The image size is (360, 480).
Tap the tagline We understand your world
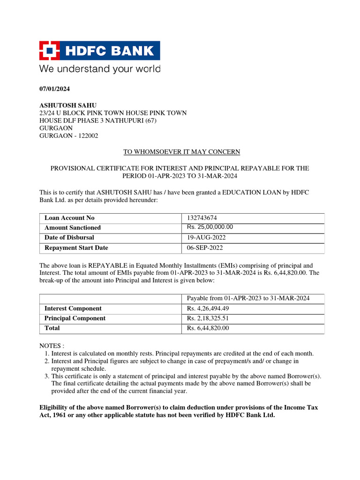(x=99, y=69)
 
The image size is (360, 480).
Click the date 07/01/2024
(x=53, y=89)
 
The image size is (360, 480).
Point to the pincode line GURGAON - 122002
(x=68, y=136)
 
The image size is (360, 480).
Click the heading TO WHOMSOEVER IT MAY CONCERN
(x=182, y=152)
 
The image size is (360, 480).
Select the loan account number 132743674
(x=202, y=218)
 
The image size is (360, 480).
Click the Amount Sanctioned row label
(x=73, y=228)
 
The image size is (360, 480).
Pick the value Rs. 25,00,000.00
(x=210, y=227)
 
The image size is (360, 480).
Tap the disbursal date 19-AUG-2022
(x=206, y=238)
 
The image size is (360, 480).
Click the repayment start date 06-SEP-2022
(x=205, y=248)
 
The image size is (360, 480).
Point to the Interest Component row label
(x=73, y=308)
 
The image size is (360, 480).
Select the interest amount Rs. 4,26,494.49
(x=208, y=309)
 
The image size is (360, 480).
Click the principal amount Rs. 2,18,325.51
(x=208, y=319)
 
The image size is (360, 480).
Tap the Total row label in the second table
(x=52, y=329)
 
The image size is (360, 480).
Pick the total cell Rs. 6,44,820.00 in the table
(x=208, y=329)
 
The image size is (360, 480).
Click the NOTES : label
(x=52, y=346)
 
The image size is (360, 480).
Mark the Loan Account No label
(x=69, y=218)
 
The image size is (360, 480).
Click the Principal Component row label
(x=75, y=319)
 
